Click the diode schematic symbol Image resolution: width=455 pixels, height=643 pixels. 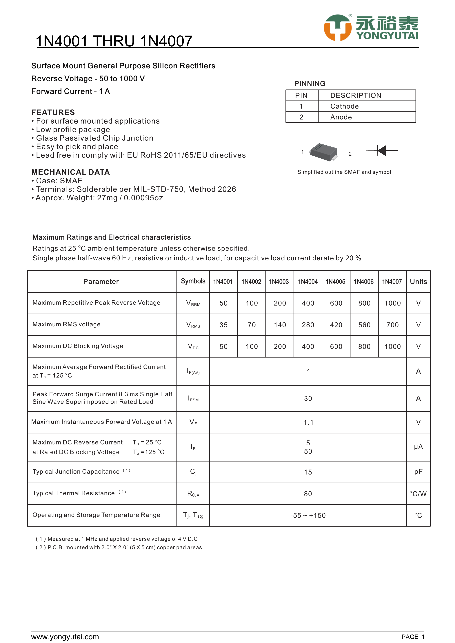382,151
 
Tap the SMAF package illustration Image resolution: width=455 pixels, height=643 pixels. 324,152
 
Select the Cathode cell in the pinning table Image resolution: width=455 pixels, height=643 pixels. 344,106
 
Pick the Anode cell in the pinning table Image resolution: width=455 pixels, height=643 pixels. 341,117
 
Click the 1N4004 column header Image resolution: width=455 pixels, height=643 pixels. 308,281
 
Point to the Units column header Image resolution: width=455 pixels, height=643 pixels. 418,281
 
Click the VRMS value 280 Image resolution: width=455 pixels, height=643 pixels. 308,325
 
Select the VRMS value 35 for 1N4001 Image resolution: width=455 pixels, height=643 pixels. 223,325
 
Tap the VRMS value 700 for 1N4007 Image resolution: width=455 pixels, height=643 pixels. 392,325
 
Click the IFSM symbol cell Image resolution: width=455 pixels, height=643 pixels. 193,399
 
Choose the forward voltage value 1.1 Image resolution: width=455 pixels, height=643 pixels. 308,422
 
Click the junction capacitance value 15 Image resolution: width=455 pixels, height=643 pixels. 308,472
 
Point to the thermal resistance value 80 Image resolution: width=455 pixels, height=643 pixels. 308,494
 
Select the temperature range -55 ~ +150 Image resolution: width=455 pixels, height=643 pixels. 308,515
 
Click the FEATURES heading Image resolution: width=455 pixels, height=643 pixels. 53,112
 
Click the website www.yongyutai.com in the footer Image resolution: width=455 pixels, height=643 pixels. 65,637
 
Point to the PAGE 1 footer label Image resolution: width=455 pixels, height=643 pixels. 413,637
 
